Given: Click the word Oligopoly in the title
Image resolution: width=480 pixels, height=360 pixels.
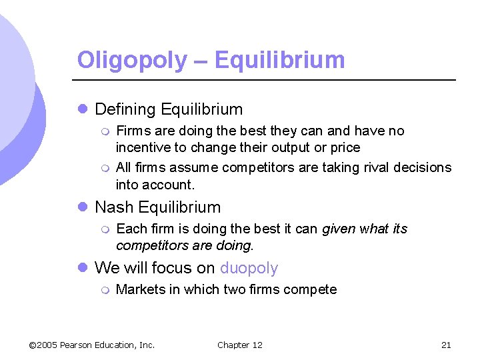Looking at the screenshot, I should coord(133,61).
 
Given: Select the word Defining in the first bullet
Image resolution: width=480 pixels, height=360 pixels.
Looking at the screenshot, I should coord(125,109).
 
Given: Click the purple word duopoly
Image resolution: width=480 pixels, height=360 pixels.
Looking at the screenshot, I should coord(249,269).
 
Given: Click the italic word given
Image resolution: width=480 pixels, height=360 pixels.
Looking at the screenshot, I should coord(338,229).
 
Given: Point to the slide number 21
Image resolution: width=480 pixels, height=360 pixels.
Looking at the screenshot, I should coord(446,345).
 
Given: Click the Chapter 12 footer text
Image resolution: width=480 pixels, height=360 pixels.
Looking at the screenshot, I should coord(240,345).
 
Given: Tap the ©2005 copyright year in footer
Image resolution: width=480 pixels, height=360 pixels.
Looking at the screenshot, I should coord(43,345).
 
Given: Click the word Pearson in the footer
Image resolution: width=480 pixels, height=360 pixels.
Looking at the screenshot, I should coord(79,345).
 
